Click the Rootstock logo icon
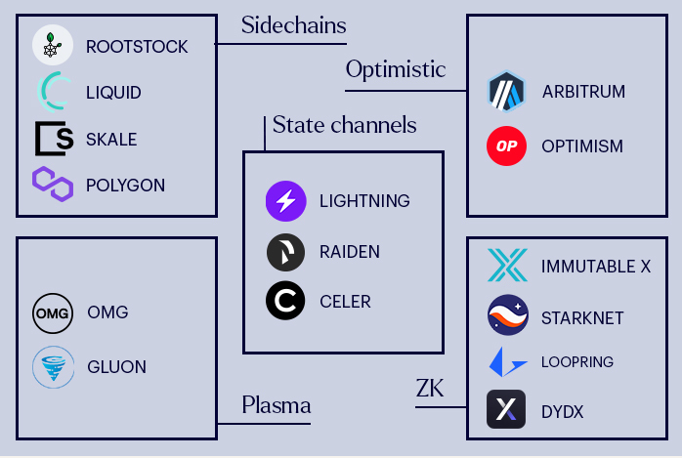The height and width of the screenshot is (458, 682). pos(52,46)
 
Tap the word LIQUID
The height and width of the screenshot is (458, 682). pos(113,93)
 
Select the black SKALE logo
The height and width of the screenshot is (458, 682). pos(54,139)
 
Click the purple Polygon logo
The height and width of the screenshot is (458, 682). pos(53,184)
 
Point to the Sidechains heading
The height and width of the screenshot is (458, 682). pos(293,23)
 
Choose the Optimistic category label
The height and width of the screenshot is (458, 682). pos(395,69)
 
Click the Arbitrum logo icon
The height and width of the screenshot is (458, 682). pos(507,92)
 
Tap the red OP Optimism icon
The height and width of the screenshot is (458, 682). pos(506,146)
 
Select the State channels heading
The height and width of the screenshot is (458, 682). pos(344,125)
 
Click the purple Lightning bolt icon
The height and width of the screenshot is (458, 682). pos(285,201)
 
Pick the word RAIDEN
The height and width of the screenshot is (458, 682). pos(349,252)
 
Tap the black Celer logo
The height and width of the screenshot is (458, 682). pos(285,301)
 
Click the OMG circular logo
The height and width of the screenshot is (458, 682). pos(52,312)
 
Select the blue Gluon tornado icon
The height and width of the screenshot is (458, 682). pos(52,368)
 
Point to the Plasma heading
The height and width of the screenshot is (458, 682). pos(277,404)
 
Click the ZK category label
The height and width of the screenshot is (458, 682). pos(429,391)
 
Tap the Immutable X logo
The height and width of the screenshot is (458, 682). pos(507,266)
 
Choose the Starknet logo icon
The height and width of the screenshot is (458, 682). pos(507,316)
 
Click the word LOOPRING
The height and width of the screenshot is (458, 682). pos(576,362)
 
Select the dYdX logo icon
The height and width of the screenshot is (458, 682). pos(506,411)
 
